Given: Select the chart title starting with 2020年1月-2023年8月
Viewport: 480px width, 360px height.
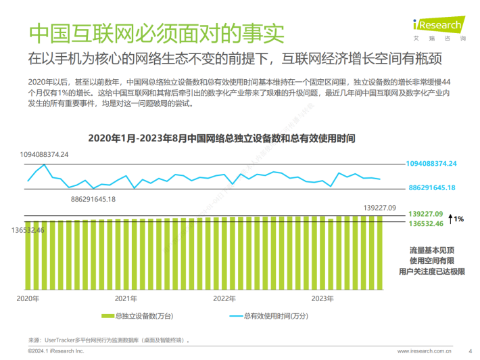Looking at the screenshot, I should [222, 138].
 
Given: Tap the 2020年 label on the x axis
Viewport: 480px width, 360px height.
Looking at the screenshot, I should [28, 298].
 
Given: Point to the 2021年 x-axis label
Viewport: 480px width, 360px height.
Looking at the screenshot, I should [126, 298].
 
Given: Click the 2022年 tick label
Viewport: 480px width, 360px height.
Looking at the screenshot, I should [224, 298].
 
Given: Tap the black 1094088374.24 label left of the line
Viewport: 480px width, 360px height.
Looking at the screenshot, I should [45, 155].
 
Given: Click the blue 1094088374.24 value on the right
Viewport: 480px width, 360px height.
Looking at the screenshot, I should [431, 164].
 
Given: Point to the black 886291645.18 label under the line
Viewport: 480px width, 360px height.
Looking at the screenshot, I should [93, 199].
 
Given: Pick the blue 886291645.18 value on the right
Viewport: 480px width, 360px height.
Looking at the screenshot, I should [431, 187].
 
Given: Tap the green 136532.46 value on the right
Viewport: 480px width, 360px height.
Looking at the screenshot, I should [425, 223].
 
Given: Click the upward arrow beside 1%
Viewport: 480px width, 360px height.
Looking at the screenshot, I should [449, 218].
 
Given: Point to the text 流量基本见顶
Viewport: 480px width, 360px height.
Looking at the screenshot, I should [431, 250].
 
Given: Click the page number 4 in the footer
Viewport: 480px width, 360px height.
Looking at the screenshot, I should [469, 351].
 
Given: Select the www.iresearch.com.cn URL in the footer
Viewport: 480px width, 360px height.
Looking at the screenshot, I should [425, 351].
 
